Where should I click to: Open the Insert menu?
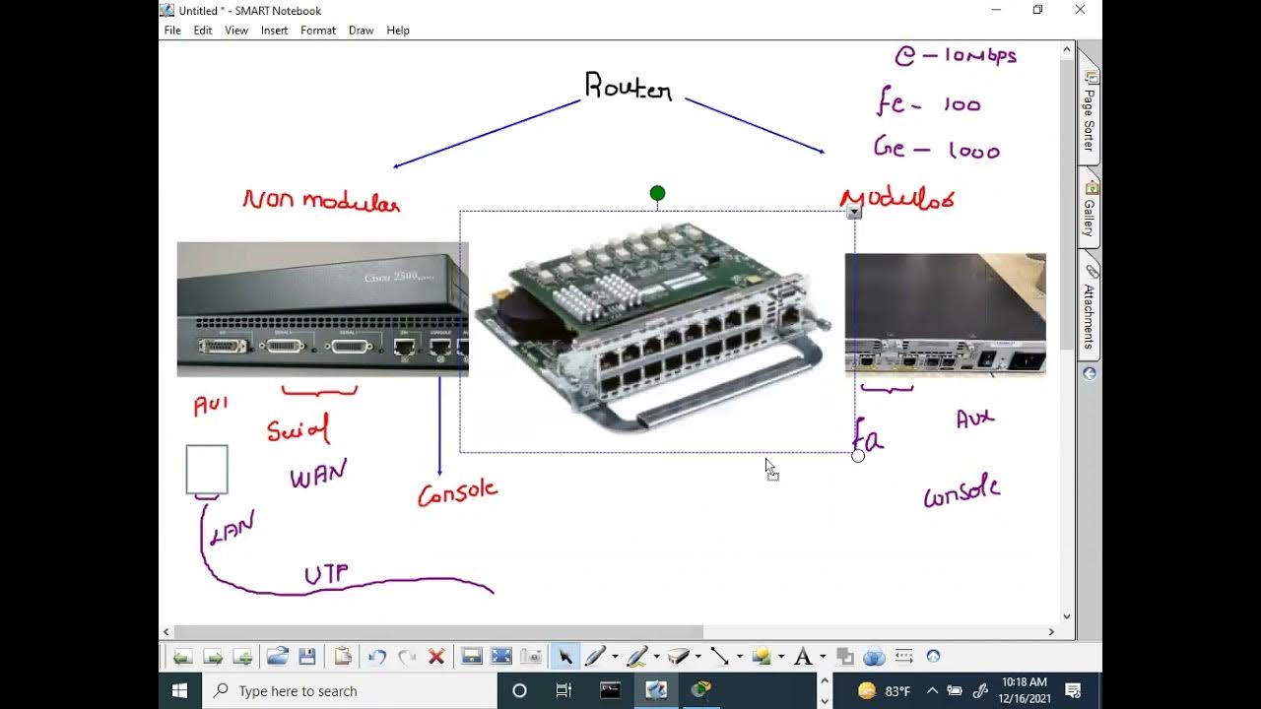click(274, 31)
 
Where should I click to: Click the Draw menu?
click(361, 31)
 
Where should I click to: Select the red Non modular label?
click(321, 201)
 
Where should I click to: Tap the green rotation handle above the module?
click(657, 193)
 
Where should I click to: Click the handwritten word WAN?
click(317, 476)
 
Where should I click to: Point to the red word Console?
click(457, 491)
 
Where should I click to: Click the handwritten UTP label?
click(326, 575)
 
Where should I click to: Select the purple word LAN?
click(232, 528)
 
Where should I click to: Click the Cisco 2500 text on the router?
click(398, 278)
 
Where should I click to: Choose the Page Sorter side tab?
click(1089, 113)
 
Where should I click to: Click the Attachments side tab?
click(1089, 310)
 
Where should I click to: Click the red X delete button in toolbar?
click(436, 657)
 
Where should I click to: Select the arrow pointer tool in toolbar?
click(565, 657)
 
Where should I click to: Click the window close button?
click(1080, 10)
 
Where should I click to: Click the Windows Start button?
click(180, 690)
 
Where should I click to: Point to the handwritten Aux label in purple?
click(975, 419)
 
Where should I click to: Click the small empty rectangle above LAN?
click(207, 469)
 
